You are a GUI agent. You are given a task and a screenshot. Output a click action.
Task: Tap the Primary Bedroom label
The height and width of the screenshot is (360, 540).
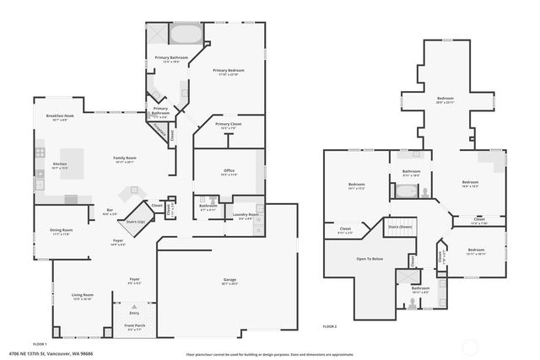pos(228,71)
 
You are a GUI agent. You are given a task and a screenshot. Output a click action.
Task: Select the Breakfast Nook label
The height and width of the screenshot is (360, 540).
pos(59,117)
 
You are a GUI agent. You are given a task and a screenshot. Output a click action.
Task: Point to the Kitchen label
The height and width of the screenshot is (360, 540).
pos(60,164)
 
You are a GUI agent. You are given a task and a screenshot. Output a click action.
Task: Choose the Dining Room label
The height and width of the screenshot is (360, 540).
pos(60,230)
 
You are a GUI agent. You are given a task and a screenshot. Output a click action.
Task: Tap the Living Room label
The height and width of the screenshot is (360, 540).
pos(83,294)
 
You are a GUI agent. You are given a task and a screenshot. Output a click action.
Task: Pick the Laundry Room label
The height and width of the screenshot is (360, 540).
pos(247,215)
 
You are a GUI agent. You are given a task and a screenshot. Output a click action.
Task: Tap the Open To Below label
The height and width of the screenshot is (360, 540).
pos(370,259)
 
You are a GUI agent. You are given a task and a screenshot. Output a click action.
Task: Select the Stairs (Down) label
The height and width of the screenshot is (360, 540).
pos(400,227)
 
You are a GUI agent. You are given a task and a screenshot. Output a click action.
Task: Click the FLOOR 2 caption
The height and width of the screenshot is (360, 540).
pos(330,325)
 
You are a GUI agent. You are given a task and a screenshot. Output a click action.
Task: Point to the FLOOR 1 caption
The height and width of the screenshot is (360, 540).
pos(40,343)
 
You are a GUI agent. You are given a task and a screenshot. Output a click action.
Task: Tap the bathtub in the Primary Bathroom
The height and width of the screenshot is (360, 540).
pos(185,35)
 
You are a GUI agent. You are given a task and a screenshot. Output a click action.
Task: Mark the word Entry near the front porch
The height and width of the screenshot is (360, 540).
pos(134,312)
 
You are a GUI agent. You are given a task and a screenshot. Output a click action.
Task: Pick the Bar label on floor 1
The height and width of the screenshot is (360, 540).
pos(110,211)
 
